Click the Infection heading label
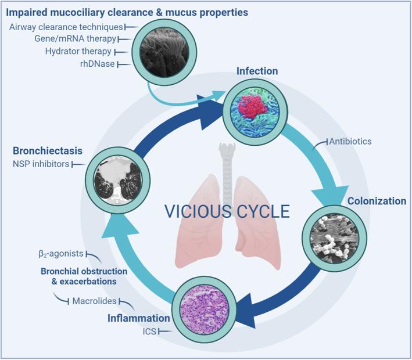pos(257,71)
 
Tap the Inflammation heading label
pos(139,318)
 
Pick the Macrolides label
pos(96,301)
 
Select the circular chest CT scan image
pos(115,172)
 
